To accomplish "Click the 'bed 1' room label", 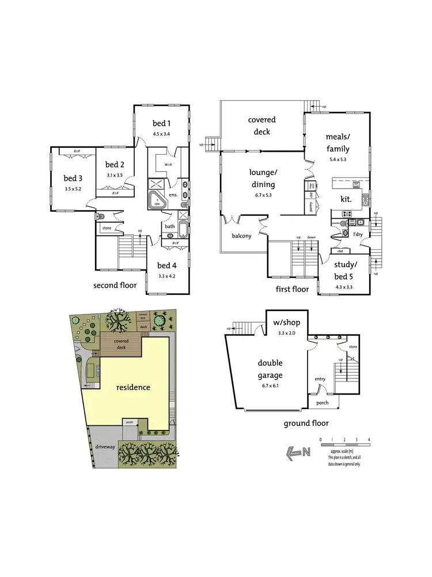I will click(x=161, y=123).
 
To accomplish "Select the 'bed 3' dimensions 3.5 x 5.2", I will click(x=73, y=189).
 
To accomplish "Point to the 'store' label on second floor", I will click(x=107, y=228).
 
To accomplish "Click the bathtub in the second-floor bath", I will click(x=183, y=229).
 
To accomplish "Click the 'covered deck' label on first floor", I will click(x=262, y=126).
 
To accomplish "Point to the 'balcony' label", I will click(x=242, y=235).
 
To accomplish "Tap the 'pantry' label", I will click(x=311, y=207).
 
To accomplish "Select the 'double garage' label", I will click(x=270, y=370).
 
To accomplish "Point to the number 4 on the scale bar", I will click(x=368, y=440).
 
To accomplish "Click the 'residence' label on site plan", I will click(x=134, y=387).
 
